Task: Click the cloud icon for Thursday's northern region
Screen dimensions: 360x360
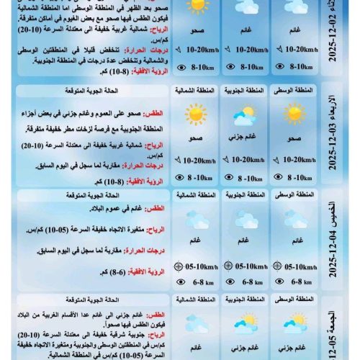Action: coord(195,219)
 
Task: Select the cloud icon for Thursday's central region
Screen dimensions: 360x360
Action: coord(294,219)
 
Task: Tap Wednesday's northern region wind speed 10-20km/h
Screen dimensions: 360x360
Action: coord(196,160)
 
